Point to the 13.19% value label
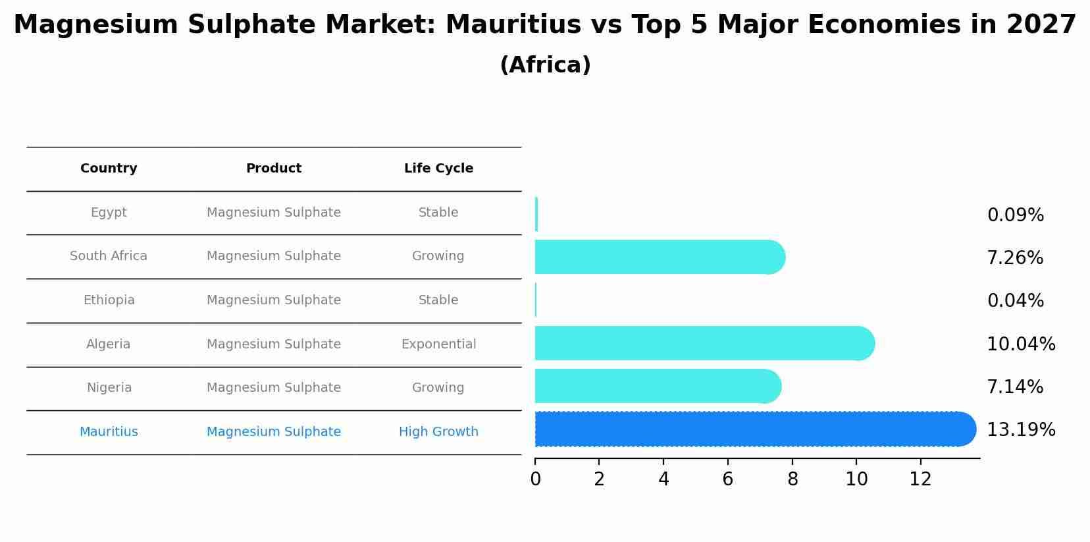(1021, 430)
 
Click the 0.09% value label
(1015, 215)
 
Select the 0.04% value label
(1015, 301)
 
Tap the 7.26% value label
(1014, 258)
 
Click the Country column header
(109, 169)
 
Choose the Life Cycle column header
(438, 169)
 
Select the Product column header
(274, 169)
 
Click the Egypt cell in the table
(109, 213)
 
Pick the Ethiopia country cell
(109, 300)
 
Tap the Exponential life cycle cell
(438, 344)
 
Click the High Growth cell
(438, 432)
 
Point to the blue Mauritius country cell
(109, 432)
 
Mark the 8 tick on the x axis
(792, 479)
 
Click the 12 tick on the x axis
(920, 479)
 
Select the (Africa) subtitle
(545, 65)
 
